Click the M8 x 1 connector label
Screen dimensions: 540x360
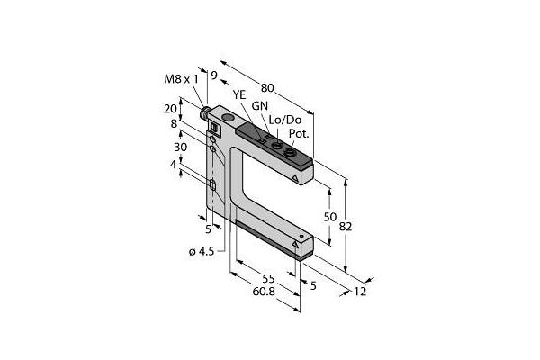tap(182, 79)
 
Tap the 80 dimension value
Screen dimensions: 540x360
tap(267, 88)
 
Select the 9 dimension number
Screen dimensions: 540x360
tap(214, 75)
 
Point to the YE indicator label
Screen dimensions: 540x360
tap(239, 94)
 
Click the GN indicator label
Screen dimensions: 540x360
tap(260, 106)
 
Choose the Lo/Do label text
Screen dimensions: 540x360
tap(284, 120)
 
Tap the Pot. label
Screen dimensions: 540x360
tap(299, 134)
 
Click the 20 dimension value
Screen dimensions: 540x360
tap(170, 109)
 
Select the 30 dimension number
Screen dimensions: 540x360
tap(180, 147)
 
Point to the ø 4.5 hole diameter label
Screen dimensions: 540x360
tap(202, 251)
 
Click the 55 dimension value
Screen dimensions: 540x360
tap(268, 278)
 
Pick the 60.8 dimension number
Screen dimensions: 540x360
tap(264, 292)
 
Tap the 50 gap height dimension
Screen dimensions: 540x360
tap(330, 217)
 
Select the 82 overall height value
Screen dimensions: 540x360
tap(346, 227)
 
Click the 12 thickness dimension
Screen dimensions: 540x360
tap(360, 292)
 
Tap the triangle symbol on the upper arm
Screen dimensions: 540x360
tap(295, 178)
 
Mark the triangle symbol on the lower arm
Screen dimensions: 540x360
tap(295, 245)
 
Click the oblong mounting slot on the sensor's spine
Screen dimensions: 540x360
tap(212, 185)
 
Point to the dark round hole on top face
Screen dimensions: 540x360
tap(228, 118)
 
